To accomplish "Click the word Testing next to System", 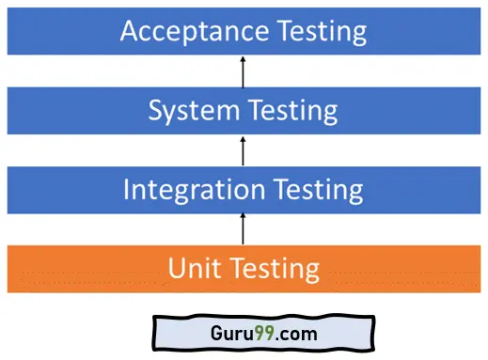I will pos(291,110).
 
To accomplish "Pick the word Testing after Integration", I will pos(316,190).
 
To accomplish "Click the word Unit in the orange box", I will pos(189,269).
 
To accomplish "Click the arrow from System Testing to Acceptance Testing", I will pos(244,70).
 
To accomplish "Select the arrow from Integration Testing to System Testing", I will pos(244,150).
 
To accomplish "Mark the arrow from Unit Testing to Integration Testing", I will pos(244,228).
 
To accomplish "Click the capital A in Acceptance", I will pos(131,31).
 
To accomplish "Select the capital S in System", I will pos(157,110).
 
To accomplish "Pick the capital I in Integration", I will pos(128,190).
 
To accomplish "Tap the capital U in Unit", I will pos(177,269).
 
